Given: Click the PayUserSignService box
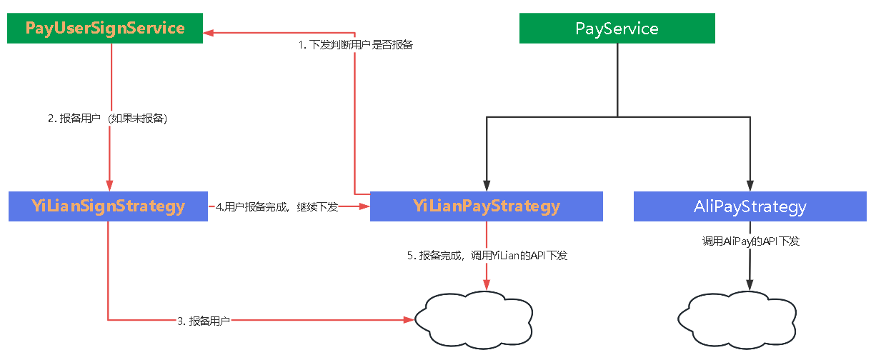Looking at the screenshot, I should click(x=105, y=29).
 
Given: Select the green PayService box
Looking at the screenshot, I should click(x=617, y=29).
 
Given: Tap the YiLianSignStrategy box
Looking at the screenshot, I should click(x=108, y=206).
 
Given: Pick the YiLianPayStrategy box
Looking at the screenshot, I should click(x=487, y=206).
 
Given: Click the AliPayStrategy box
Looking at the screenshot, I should click(x=750, y=206).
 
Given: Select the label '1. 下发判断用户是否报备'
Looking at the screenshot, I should click(x=355, y=45).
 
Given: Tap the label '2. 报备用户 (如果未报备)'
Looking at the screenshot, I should click(x=108, y=119).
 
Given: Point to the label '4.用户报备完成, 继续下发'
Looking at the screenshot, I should click(x=277, y=206).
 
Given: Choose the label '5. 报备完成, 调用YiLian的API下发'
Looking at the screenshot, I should click(x=487, y=255).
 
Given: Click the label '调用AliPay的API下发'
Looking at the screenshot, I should click(x=750, y=241).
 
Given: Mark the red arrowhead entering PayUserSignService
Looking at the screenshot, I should click(x=209, y=31).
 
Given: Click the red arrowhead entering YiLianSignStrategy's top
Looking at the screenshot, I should click(x=109, y=185).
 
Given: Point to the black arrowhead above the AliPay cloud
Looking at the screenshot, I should click(x=750, y=285).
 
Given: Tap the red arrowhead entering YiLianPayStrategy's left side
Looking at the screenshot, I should click(x=364, y=206).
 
